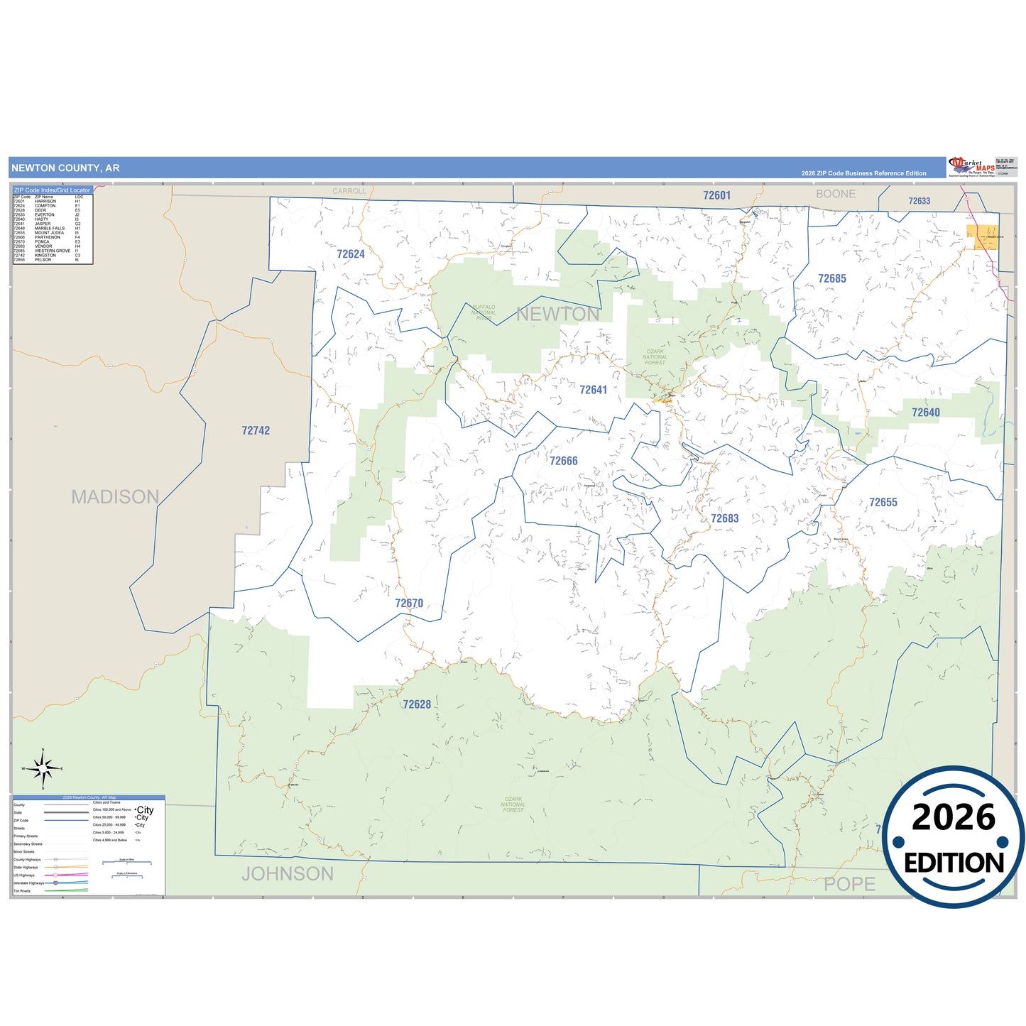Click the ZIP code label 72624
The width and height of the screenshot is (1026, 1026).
(x=351, y=254)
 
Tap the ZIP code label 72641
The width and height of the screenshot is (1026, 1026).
(x=593, y=390)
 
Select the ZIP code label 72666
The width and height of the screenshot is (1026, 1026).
(x=563, y=461)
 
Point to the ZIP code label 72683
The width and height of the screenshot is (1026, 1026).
(x=724, y=518)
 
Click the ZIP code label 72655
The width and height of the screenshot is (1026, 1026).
(x=883, y=502)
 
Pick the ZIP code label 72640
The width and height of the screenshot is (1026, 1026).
(x=925, y=413)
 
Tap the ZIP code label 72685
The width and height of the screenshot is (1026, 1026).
(x=831, y=279)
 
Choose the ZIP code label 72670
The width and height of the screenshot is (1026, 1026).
(x=409, y=604)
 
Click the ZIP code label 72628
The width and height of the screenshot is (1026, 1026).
(x=417, y=704)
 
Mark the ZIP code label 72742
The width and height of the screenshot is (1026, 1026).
(x=256, y=430)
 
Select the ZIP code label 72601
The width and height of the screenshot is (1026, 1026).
(x=716, y=195)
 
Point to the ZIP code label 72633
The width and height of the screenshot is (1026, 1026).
(x=919, y=201)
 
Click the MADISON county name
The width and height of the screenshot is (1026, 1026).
(x=115, y=496)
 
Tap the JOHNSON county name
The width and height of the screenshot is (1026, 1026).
(x=288, y=873)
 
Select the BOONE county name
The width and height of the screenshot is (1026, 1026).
(x=835, y=194)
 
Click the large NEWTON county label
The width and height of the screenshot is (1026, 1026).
(x=557, y=314)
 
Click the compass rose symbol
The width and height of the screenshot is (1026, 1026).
(x=43, y=768)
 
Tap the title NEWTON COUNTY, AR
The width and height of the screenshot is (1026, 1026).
(x=65, y=168)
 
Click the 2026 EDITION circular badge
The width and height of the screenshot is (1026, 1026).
(x=954, y=837)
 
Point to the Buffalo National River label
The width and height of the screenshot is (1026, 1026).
(x=484, y=312)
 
